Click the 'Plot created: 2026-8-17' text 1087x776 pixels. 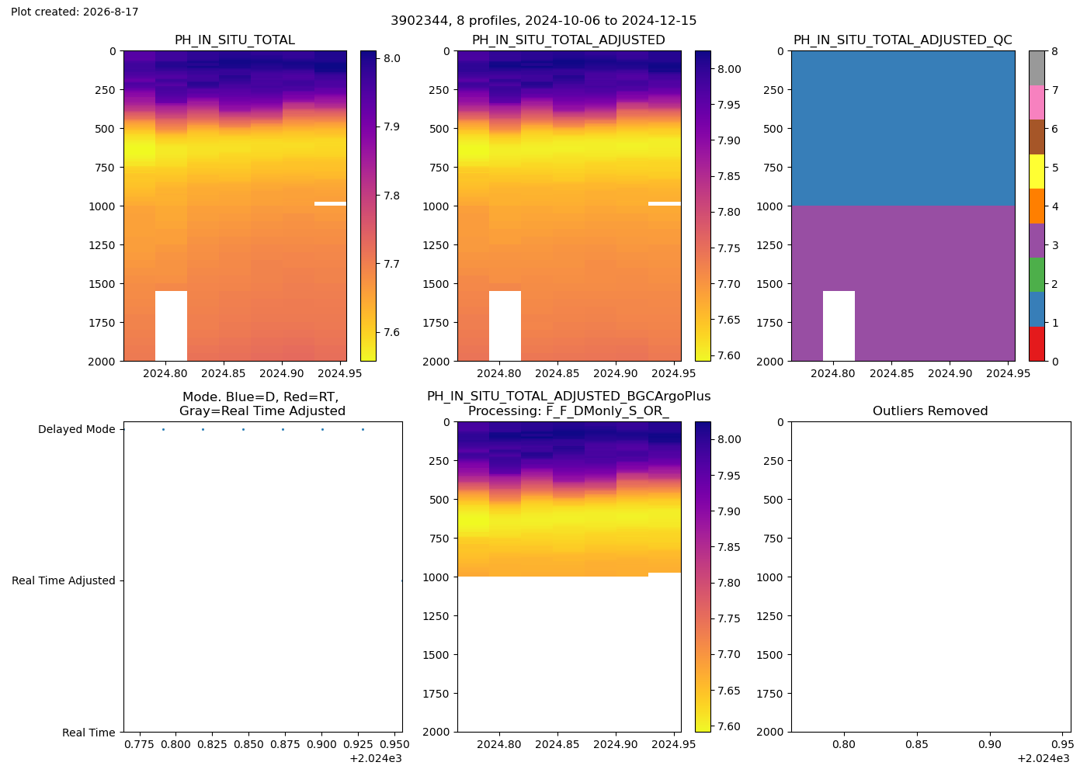pyautogui.click(x=75, y=12)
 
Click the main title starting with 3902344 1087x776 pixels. pyautogui.click(x=543, y=20)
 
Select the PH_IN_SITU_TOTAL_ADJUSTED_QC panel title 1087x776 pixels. pyautogui.click(x=902, y=40)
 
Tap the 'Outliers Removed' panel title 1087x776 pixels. pyautogui.click(x=930, y=411)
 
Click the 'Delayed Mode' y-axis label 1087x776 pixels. pyautogui.click(x=77, y=429)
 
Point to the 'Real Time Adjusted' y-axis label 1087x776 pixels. pyautogui.click(x=64, y=580)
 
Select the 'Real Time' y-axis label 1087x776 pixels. pyautogui.click(x=89, y=733)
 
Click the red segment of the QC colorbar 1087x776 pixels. pyautogui.click(x=1037, y=344)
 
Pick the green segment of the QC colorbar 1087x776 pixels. pyautogui.click(x=1037, y=275)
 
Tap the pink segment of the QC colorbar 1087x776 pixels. pyautogui.click(x=1037, y=102)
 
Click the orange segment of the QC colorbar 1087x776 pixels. pyautogui.click(x=1037, y=206)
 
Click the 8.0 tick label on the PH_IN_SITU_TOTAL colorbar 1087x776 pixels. pyautogui.click(x=391, y=58)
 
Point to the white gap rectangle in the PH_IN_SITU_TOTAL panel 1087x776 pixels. pyautogui.click(x=171, y=326)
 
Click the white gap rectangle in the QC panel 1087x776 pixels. pyautogui.click(x=839, y=326)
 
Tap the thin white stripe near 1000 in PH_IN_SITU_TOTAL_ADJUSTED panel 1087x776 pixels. pyautogui.click(x=665, y=203)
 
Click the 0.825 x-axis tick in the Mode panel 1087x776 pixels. pyautogui.click(x=212, y=744)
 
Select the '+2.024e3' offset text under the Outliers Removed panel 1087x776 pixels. pyautogui.click(x=1044, y=759)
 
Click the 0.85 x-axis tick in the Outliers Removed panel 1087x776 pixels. pyautogui.click(x=917, y=744)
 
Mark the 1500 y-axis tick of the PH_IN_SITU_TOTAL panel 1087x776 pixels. pyautogui.click(x=102, y=284)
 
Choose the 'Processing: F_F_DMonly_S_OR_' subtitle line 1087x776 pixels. pyautogui.click(x=568, y=411)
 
